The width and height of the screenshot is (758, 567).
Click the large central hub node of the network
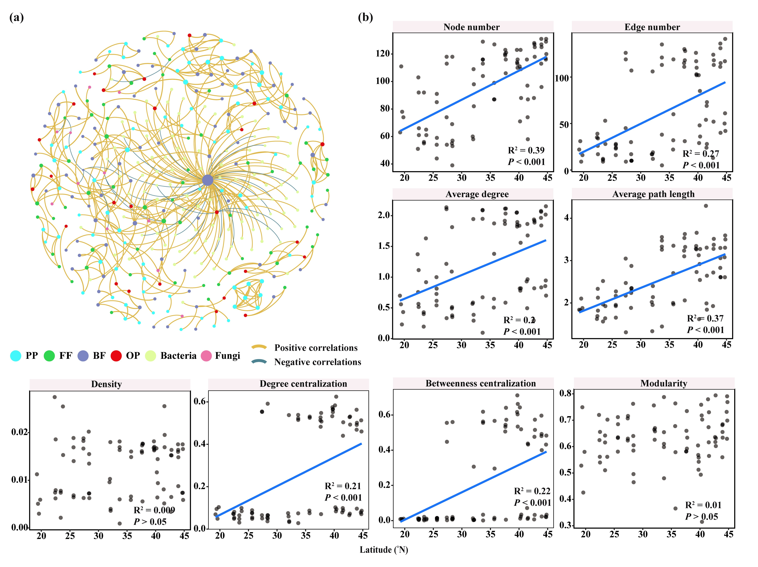(207, 180)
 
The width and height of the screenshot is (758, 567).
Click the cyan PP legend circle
(16, 356)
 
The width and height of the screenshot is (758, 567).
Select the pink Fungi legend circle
(206, 356)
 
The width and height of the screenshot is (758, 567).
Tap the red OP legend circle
(116, 356)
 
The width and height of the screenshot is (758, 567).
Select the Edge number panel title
(652, 27)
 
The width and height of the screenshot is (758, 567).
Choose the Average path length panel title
(653, 194)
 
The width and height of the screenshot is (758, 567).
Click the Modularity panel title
(664, 383)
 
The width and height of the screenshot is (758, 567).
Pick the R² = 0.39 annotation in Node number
(526, 150)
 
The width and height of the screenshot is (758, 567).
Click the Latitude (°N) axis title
(384, 550)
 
